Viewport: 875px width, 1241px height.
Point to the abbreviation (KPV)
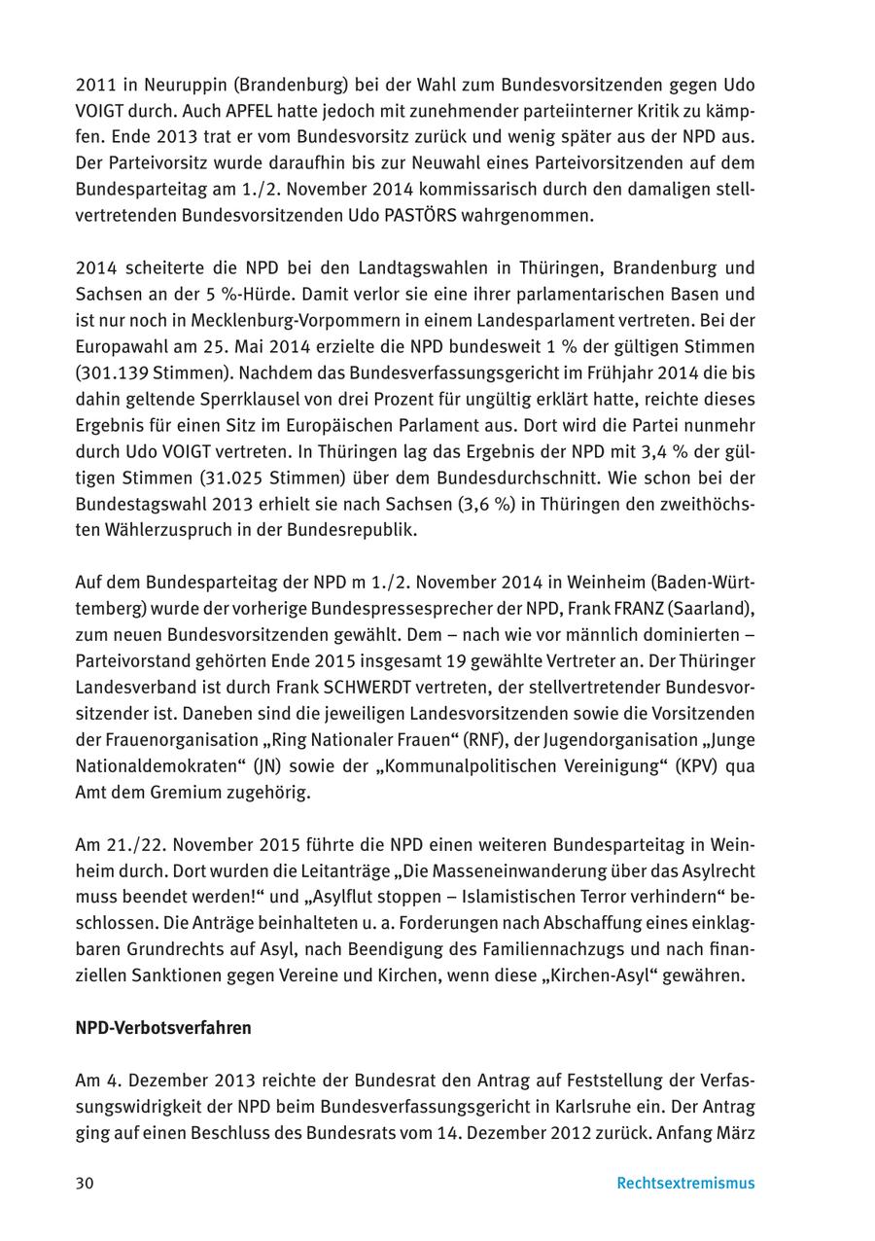coord(700,766)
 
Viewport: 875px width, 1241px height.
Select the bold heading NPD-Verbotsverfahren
coord(163,1028)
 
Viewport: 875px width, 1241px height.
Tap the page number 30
coord(85,1184)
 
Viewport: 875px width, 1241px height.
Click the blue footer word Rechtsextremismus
coord(685,1184)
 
